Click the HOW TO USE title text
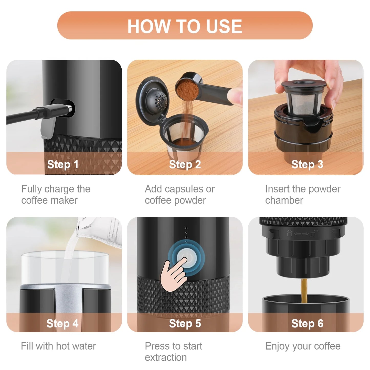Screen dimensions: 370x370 (185, 26)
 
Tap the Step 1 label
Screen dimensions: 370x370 (63, 165)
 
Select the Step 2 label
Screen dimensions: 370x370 (185, 165)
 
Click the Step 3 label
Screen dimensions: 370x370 (307, 165)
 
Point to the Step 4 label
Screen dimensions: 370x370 (62, 323)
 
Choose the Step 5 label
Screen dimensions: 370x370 (185, 323)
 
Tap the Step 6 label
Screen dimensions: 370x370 (307, 323)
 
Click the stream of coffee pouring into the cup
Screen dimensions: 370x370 (304, 291)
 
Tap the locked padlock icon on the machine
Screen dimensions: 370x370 (289, 233)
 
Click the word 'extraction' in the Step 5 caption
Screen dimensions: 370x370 (166, 357)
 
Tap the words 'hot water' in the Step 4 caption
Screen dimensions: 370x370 (76, 346)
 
